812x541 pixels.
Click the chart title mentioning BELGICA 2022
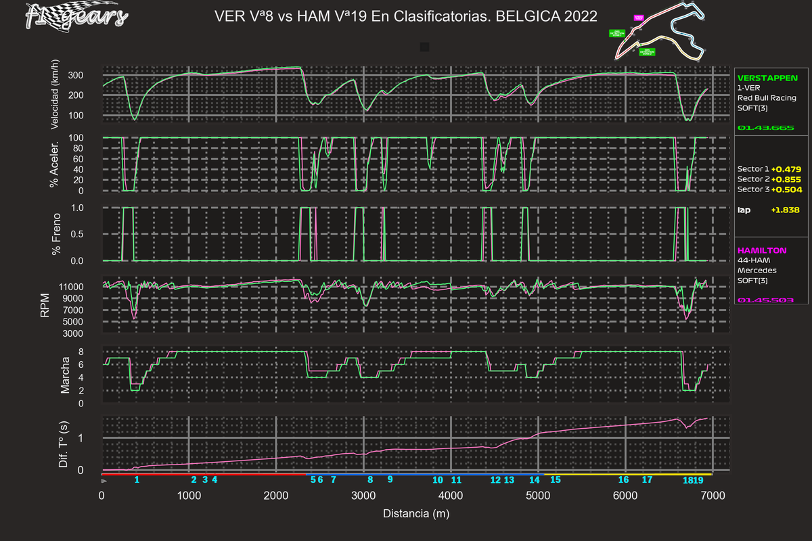point(405,16)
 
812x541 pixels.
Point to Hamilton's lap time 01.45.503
point(761,300)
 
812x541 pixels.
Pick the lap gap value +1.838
point(785,210)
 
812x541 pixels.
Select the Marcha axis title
point(66,376)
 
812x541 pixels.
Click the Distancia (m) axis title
point(416,513)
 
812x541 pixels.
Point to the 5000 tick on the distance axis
point(538,496)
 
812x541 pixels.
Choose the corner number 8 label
point(370,479)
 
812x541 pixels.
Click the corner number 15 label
point(556,479)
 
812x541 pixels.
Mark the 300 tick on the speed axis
point(90,75)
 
